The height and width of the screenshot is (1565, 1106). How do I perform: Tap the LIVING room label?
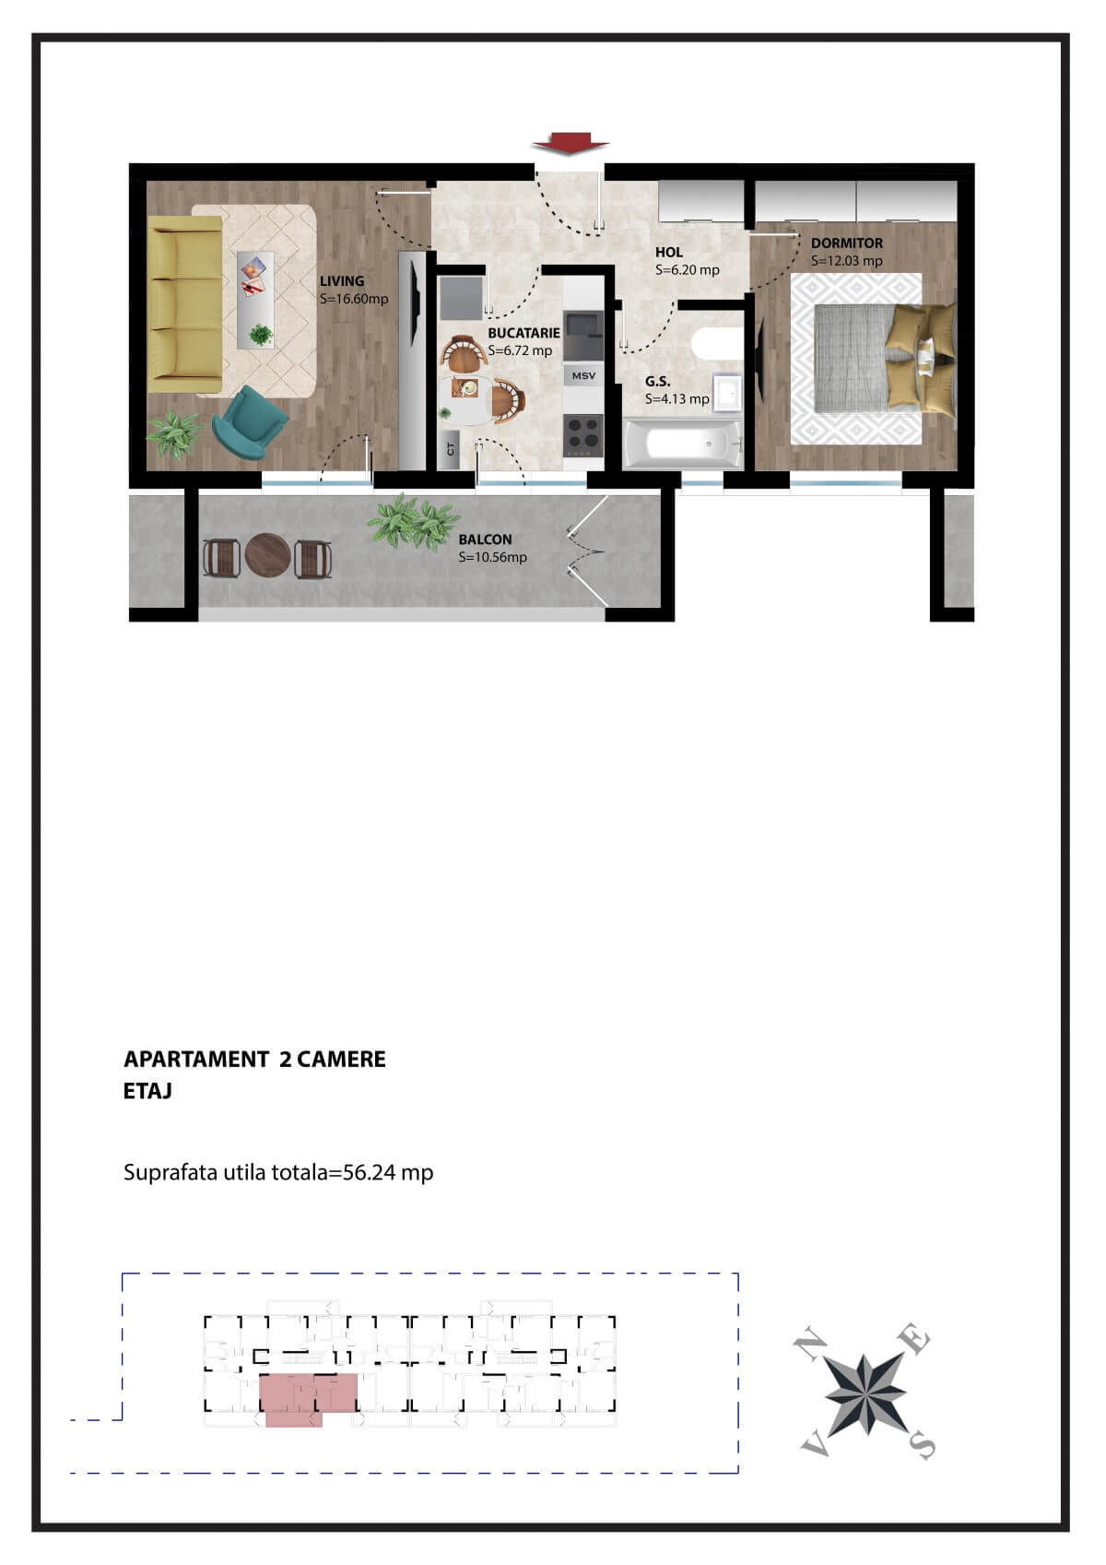pos(342,281)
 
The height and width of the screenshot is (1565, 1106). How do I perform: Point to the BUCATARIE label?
pos(524,333)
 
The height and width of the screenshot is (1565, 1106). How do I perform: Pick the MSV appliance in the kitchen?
pos(583,375)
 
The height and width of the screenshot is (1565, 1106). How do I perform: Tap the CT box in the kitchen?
pos(451,449)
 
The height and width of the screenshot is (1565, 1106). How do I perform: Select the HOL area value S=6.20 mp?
pos(687,270)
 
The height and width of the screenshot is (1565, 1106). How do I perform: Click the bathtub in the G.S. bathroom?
pos(682,445)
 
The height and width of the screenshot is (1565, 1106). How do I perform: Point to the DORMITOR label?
pos(846,243)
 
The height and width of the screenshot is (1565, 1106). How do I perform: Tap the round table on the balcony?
pos(267,556)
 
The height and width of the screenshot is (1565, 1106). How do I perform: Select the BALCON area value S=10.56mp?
pos(492,557)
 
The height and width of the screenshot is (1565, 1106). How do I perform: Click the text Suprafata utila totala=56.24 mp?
pos(278,1172)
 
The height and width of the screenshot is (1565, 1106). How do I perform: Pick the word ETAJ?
pos(147,1091)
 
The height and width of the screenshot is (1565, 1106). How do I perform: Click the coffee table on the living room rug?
pos(255,299)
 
